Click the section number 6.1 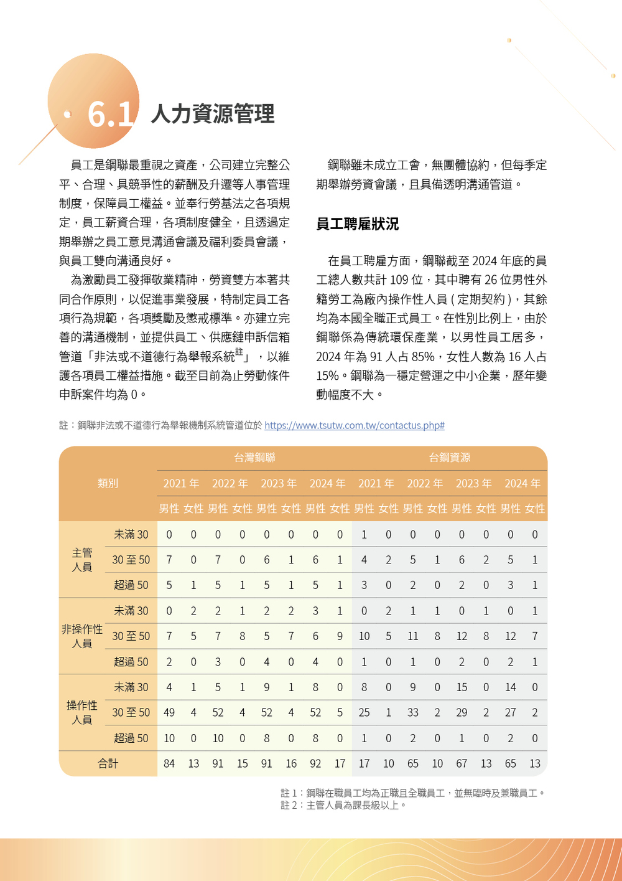point(110,114)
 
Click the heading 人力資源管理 point(212,114)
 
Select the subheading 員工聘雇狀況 point(357,224)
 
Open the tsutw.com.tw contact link point(354,426)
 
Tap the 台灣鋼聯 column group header point(254,458)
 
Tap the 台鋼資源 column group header point(449,458)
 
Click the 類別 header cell point(108,483)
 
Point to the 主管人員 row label point(81,560)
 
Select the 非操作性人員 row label point(81,636)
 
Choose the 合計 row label point(108,763)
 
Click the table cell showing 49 point(169,712)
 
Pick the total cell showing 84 point(169,763)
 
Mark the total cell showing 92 point(315,763)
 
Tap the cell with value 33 point(413,712)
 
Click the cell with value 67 point(462,763)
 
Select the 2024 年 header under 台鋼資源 point(522,484)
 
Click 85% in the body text point(422,357)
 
